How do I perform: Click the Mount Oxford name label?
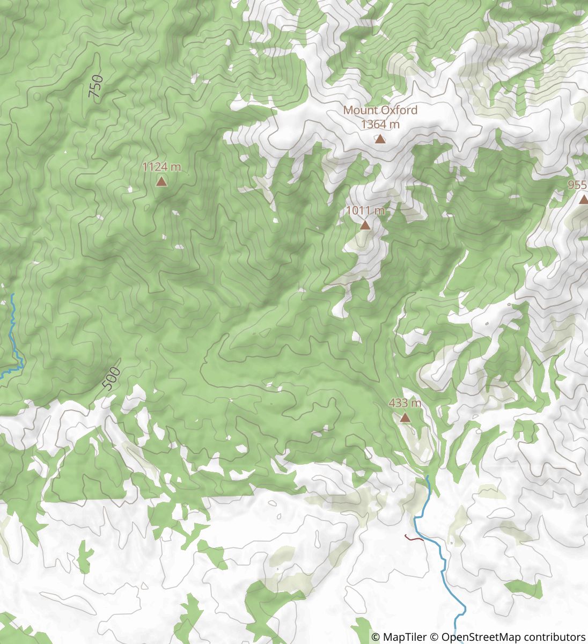tap(380, 110)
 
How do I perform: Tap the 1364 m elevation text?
tap(380, 125)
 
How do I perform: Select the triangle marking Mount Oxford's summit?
tap(380, 140)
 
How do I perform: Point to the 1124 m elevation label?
tap(161, 167)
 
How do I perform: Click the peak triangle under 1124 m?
tap(161, 182)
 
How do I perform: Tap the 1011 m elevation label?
tap(365, 211)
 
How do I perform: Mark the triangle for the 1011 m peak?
tap(365, 225)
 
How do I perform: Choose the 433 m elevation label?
tap(405, 403)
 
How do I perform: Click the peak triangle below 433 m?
tap(405, 418)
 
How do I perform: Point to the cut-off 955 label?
tap(577, 185)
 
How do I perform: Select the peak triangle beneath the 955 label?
tap(583, 200)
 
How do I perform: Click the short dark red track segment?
tap(413, 537)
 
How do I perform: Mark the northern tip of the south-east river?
tap(428, 475)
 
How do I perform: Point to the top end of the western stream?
tap(12, 295)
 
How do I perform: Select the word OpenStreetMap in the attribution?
tap(481, 637)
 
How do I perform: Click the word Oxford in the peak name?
tap(398, 110)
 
